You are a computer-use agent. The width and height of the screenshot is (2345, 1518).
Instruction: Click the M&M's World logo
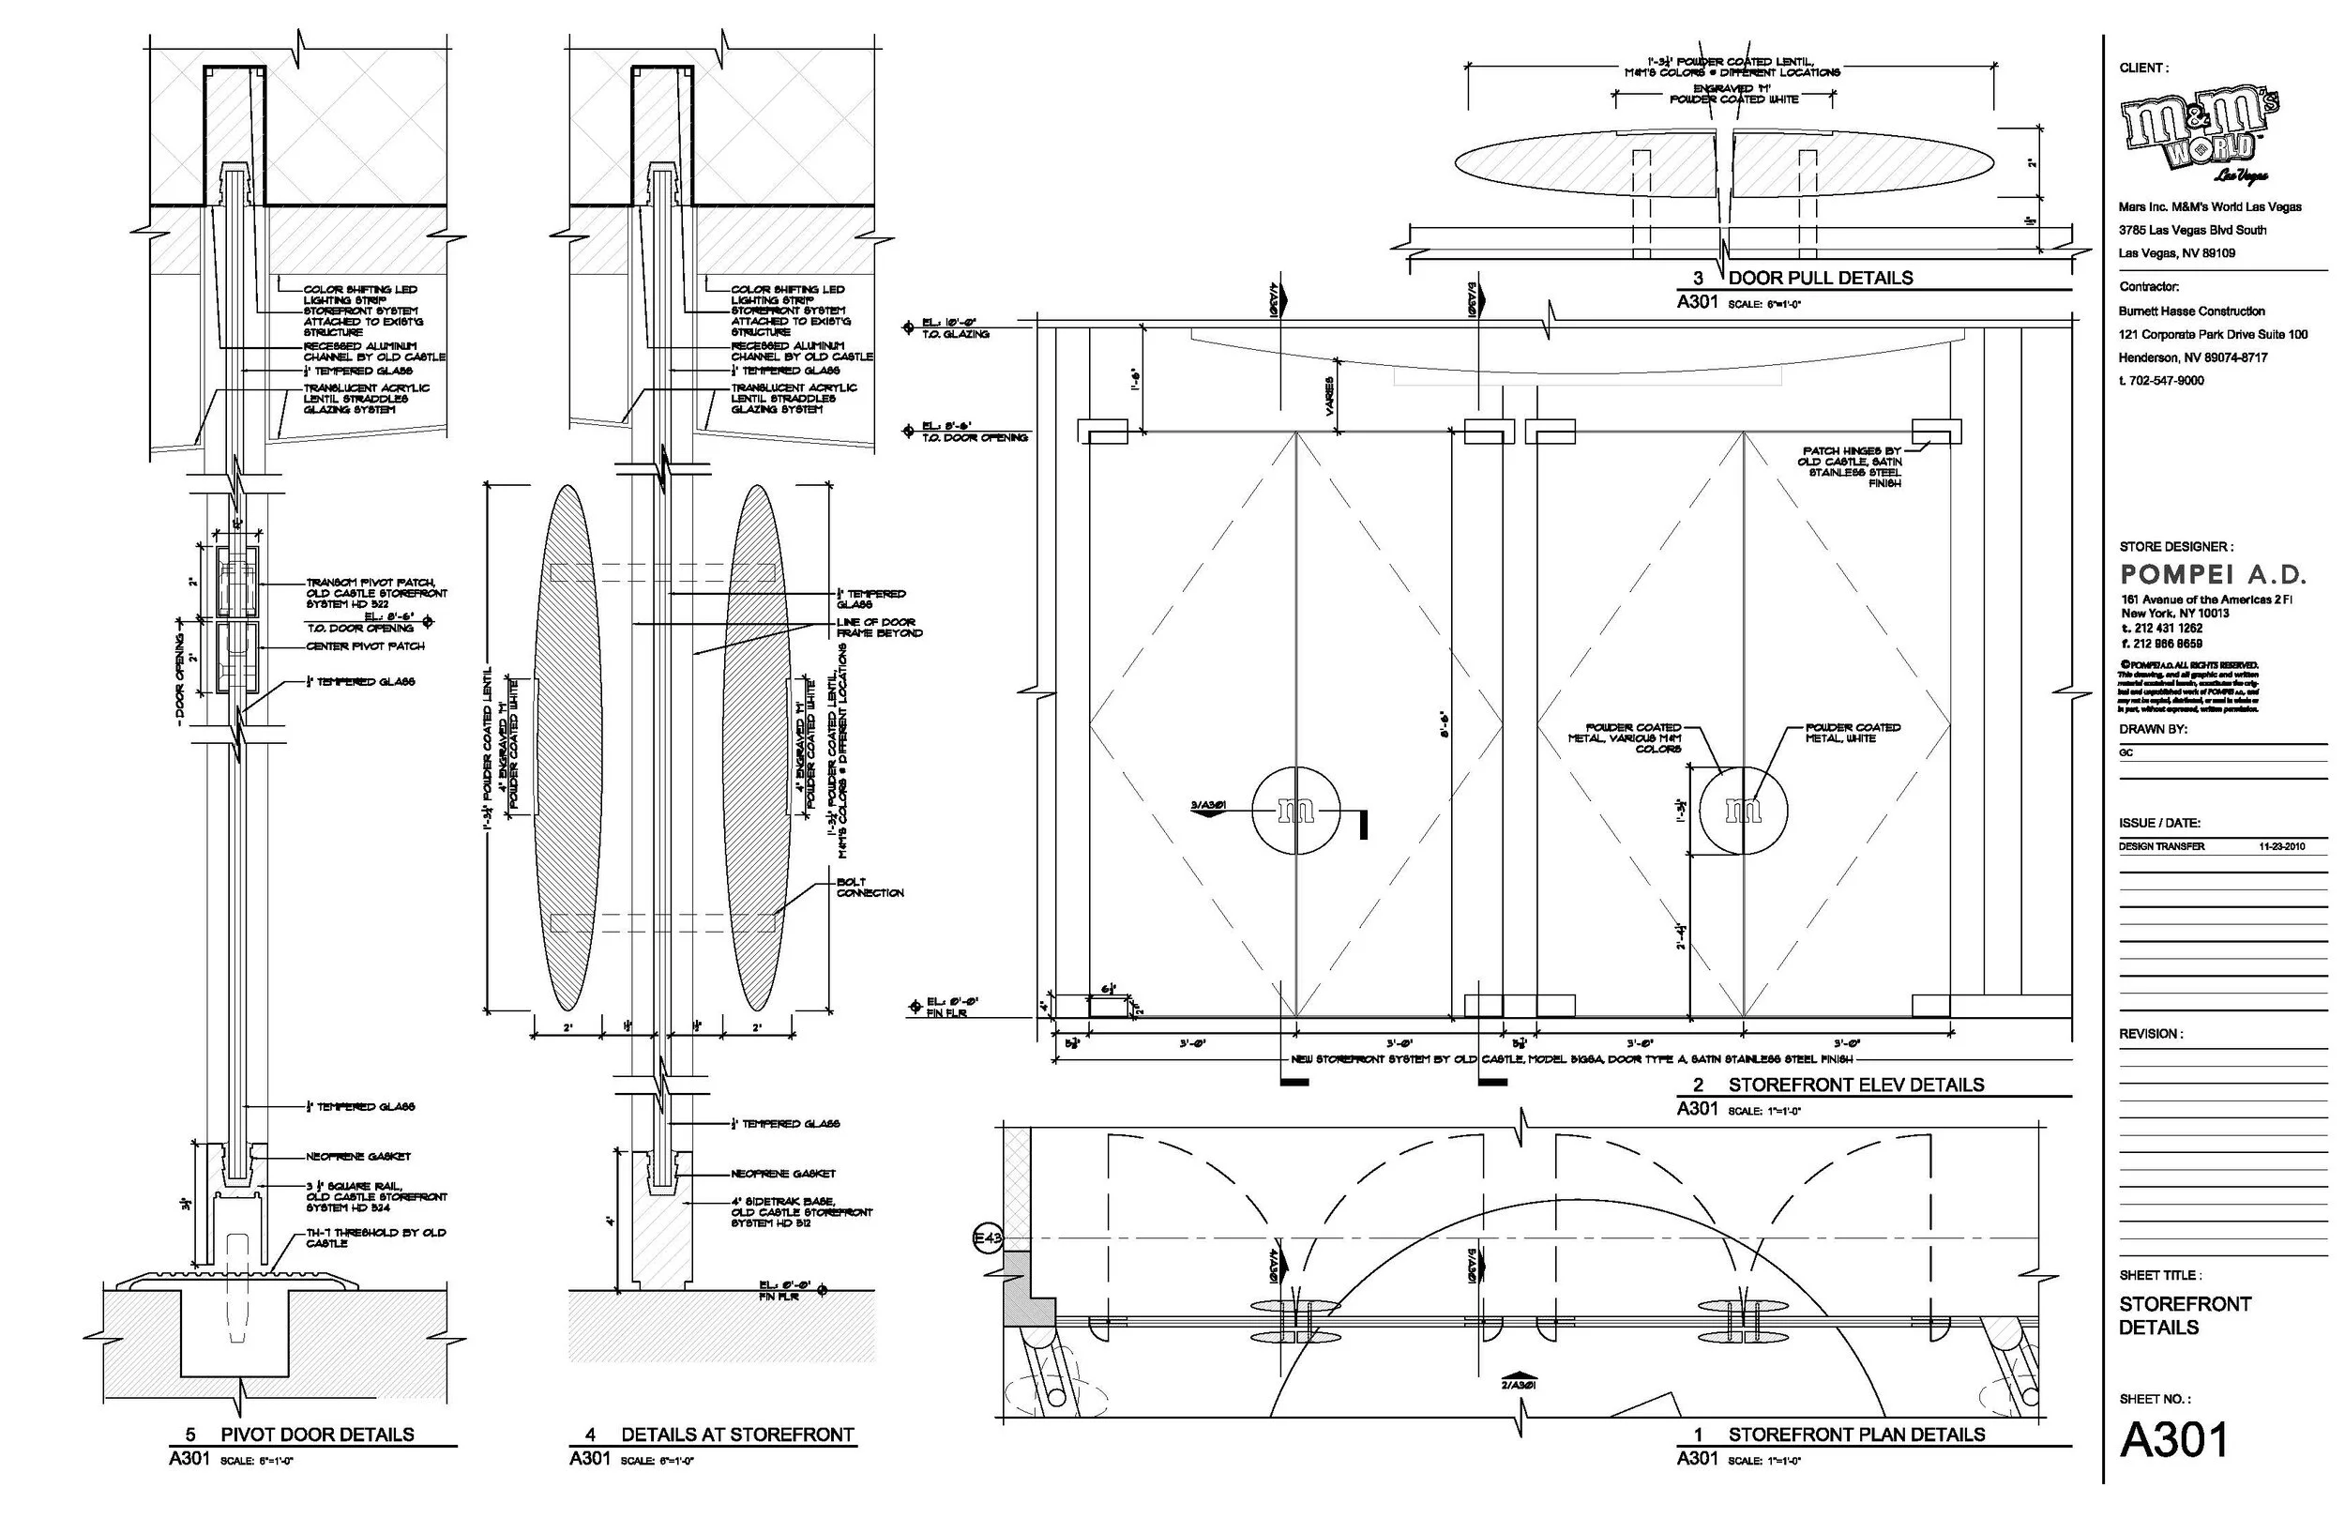pos(2201,134)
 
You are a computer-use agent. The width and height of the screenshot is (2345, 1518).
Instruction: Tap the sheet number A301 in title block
pos(2172,1440)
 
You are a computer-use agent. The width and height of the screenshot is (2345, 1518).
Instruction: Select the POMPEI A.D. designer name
pos(2213,575)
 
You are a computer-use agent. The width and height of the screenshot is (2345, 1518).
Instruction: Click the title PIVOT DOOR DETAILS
pos(316,1435)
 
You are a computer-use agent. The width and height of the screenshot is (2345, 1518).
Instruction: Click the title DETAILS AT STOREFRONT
pos(737,1435)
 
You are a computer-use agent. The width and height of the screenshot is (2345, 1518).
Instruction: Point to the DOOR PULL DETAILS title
pos(1820,278)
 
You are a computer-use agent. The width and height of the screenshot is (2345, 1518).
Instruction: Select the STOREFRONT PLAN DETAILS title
pos(1856,1435)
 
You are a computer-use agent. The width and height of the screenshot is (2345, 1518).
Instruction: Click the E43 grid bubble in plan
pos(988,1239)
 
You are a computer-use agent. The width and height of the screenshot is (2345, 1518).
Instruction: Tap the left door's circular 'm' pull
pos(1295,811)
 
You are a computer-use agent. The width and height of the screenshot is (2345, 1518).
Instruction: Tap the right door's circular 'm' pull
pos(1744,811)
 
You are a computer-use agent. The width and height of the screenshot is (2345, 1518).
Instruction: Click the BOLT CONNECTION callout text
pos(869,888)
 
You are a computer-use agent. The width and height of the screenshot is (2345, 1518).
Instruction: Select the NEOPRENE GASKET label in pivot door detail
pos(357,1156)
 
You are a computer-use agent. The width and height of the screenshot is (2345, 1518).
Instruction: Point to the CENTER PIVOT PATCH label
pos(365,645)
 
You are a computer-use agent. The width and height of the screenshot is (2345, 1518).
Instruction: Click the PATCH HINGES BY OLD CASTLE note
pos(1851,466)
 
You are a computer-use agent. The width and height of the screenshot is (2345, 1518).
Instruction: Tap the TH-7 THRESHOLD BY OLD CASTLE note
pos(374,1237)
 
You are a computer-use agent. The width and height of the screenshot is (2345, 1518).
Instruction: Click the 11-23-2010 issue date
pos(2281,845)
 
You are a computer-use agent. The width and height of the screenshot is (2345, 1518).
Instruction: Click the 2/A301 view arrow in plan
pos(1520,1379)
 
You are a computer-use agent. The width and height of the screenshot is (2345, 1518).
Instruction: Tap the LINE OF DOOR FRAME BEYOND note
pos(879,627)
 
